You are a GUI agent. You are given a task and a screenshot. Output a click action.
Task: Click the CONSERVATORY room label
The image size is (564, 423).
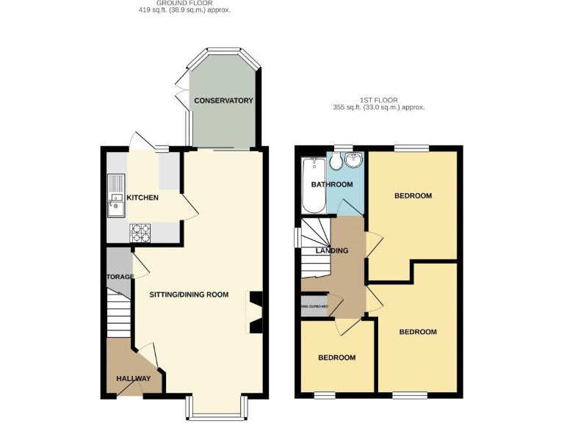[223, 101]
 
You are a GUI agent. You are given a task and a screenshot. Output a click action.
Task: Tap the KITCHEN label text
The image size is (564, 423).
[142, 198]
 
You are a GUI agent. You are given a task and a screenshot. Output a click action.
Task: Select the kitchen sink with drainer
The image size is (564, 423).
[116, 195]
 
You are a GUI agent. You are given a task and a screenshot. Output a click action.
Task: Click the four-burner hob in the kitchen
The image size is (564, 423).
[140, 233]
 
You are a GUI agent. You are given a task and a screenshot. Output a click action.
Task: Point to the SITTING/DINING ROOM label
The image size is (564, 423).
[189, 294]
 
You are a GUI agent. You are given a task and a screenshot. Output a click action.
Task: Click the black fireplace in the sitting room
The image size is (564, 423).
[256, 313]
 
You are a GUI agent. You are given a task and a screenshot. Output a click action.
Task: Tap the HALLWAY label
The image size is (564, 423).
[133, 379]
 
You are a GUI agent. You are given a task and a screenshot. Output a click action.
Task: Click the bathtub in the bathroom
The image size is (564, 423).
[313, 185]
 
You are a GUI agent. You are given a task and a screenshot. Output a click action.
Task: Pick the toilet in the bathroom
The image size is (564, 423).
[336, 162]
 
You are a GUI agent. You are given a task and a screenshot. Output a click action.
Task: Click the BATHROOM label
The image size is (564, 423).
[332, 184]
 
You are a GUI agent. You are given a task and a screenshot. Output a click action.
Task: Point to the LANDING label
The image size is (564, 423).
[332, 251]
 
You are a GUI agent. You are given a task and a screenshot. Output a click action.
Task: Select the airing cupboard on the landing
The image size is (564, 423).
[314, 307]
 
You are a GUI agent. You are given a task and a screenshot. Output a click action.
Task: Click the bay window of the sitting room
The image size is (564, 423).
[217, 408]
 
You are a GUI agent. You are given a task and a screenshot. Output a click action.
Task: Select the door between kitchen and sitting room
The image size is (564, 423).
[189, 206]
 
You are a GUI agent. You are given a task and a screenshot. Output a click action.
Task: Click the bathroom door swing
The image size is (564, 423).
[352, 209]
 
